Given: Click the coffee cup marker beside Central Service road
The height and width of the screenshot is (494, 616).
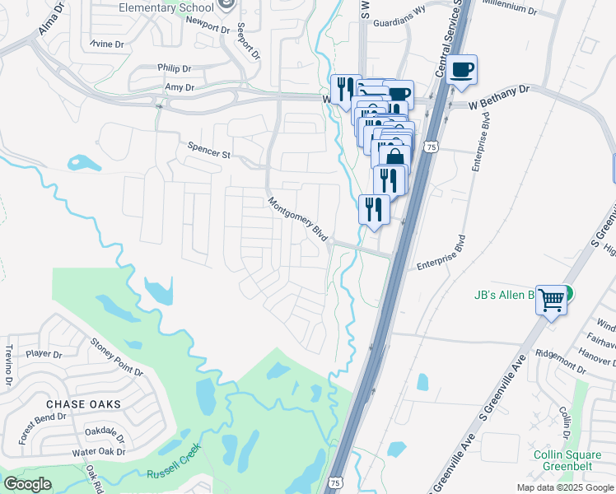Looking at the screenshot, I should tap(463, 70).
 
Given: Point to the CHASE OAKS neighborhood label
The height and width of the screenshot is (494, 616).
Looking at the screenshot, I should tap(83, 404).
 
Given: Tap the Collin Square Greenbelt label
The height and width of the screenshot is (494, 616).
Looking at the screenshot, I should tap(569, 459).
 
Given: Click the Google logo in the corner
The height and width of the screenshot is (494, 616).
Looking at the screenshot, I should tap(27, 483).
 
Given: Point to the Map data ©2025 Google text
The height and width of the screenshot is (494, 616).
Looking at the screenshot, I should tap(565, 487).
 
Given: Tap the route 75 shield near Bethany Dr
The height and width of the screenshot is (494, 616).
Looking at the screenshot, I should tap(431, 147).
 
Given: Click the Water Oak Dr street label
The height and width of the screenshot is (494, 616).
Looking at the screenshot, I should tap(98, 452).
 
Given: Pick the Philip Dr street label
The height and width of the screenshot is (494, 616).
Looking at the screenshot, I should tap(174, 68).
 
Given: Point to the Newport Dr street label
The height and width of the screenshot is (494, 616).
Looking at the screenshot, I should tap(208, 27).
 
